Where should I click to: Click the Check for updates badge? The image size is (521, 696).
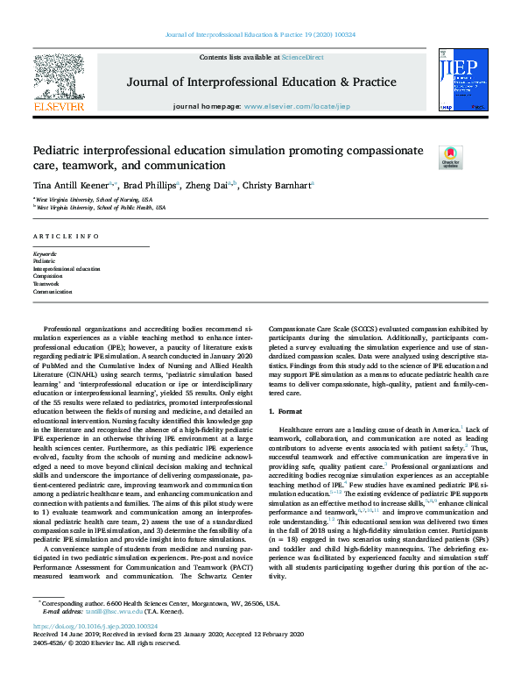450,157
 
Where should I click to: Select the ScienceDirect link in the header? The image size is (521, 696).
302,56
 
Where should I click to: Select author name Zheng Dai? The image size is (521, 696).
211,185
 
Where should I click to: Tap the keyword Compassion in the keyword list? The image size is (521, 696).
48,276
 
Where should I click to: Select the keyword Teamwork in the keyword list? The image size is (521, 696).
46,284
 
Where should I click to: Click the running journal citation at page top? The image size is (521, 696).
260,35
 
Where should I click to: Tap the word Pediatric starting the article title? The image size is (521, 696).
58,151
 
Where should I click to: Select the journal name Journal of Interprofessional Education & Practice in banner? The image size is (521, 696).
261,82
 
